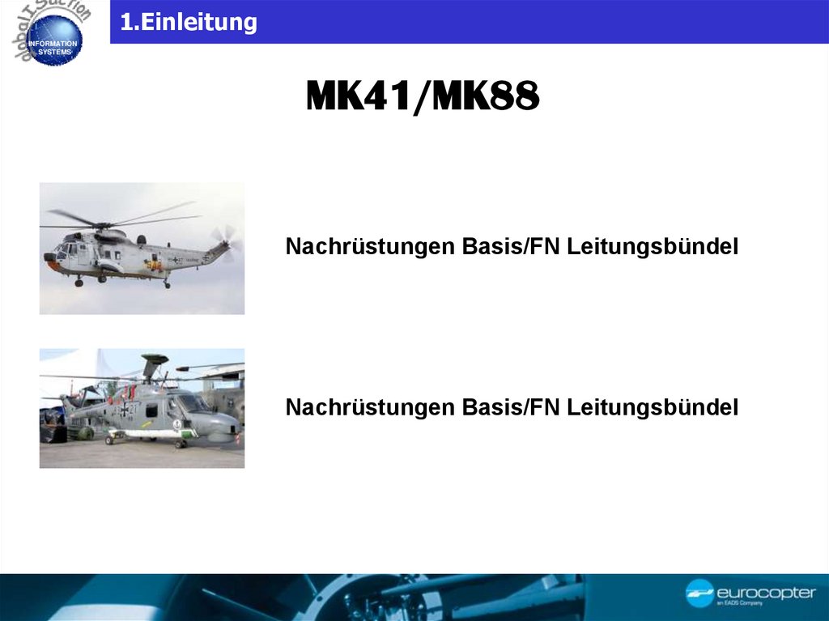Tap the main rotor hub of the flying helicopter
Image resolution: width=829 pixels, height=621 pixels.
[x=102, y=223]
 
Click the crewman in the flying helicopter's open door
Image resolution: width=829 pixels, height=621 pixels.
[x=152, y=264]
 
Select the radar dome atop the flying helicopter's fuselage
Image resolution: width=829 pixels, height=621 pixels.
[x=141, y=239]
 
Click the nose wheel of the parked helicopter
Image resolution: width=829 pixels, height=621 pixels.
[x=184, y=443]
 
